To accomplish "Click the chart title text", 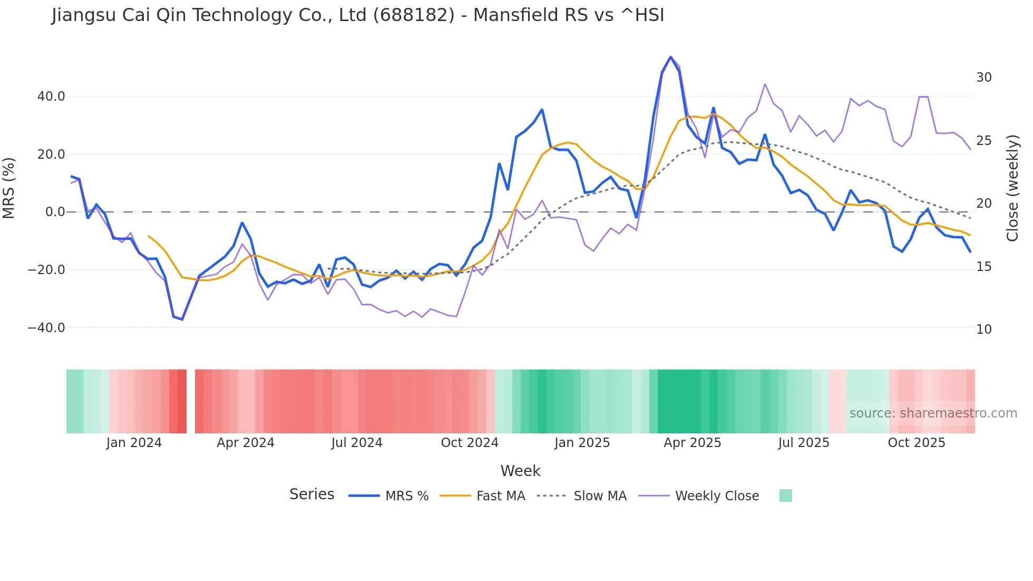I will [357, 15].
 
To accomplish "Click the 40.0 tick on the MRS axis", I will [51, 96].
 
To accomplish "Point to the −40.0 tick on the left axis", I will [46, 328].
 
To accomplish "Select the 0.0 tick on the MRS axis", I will [55, 212].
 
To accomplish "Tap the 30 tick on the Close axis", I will [983, 78].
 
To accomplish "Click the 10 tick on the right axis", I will [983, 330].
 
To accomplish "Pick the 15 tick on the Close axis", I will [983, 267].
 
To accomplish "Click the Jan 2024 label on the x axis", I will [134, 443].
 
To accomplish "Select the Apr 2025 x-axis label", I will [692, 443].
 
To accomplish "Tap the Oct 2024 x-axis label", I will [470, 443].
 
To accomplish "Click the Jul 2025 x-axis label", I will [803, 443].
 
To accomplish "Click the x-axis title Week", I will [520, 471].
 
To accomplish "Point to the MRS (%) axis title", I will [9, 188].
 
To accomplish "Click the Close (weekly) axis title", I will [1012, 188].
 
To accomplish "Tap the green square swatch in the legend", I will [785, 496].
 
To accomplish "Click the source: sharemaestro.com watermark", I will [933, 413].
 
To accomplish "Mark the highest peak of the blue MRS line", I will [670, 57].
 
